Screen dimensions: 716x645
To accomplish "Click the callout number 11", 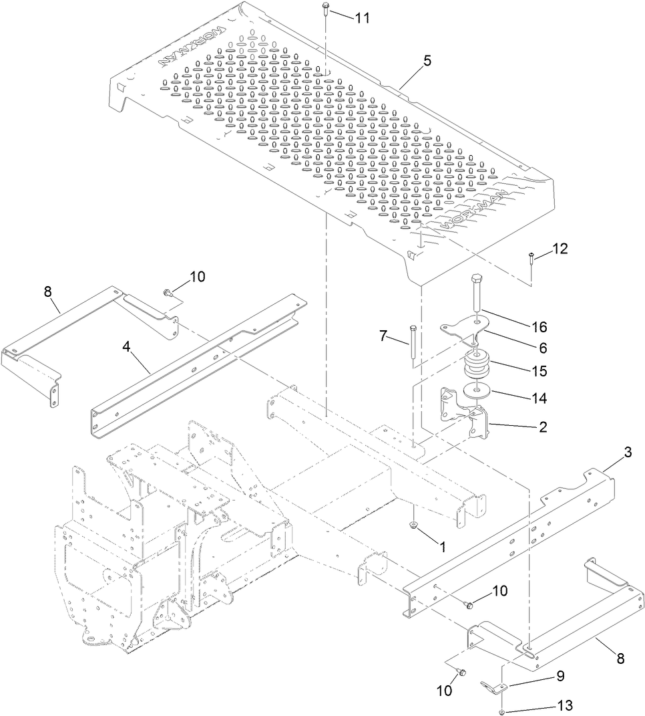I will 361,18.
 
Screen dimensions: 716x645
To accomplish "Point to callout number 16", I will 539,327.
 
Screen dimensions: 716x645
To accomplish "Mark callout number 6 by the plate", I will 543,348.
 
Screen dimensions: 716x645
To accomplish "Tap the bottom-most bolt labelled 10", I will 462,672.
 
